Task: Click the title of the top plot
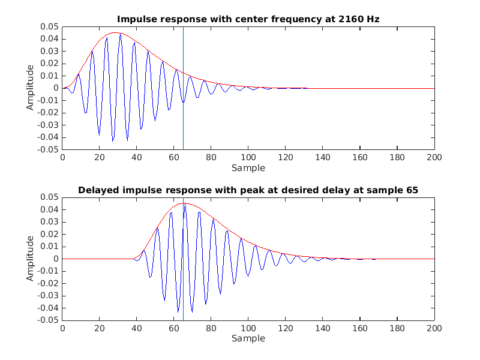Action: pyautogui.click(x=248, y=19)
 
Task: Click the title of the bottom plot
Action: pyautogui.click(x=248, y=190)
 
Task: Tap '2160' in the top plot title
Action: pyautogui.click(x=350, y=19)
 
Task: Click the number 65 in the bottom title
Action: pyautogui.click(x=412, y=190)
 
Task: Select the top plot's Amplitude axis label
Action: pyautogui.click(x=30, y=88)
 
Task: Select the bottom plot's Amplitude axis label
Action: pyautogui.click(x=30, y=259)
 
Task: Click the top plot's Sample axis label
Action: pyautogui.click(x=248, y=167)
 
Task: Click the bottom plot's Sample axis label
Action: pyautogui.click(x=248, y=338)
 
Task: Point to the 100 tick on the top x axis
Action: pyautogui.click(x=248, y=157)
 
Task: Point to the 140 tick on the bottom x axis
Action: pyautogui.click(x=323, y=328)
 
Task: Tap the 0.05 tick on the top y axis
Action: pyautogui.click(x=50, y=27)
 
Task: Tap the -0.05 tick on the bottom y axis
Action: pyautogui.click(x=49, y=320)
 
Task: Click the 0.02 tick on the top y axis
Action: pyautogui.click(x=50, y=64)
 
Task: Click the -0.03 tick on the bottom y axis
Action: pyautogui.click(x=49, y=296)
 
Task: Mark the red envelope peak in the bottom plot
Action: pyautogui.click(x=184, y=203)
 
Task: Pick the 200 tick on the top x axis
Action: pyautogui.click(x=434, y=157)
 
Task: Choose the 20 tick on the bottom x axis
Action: pyautogui.click(x=100, y=328)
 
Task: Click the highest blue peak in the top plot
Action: pyautogui.click(x=120, y=34)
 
